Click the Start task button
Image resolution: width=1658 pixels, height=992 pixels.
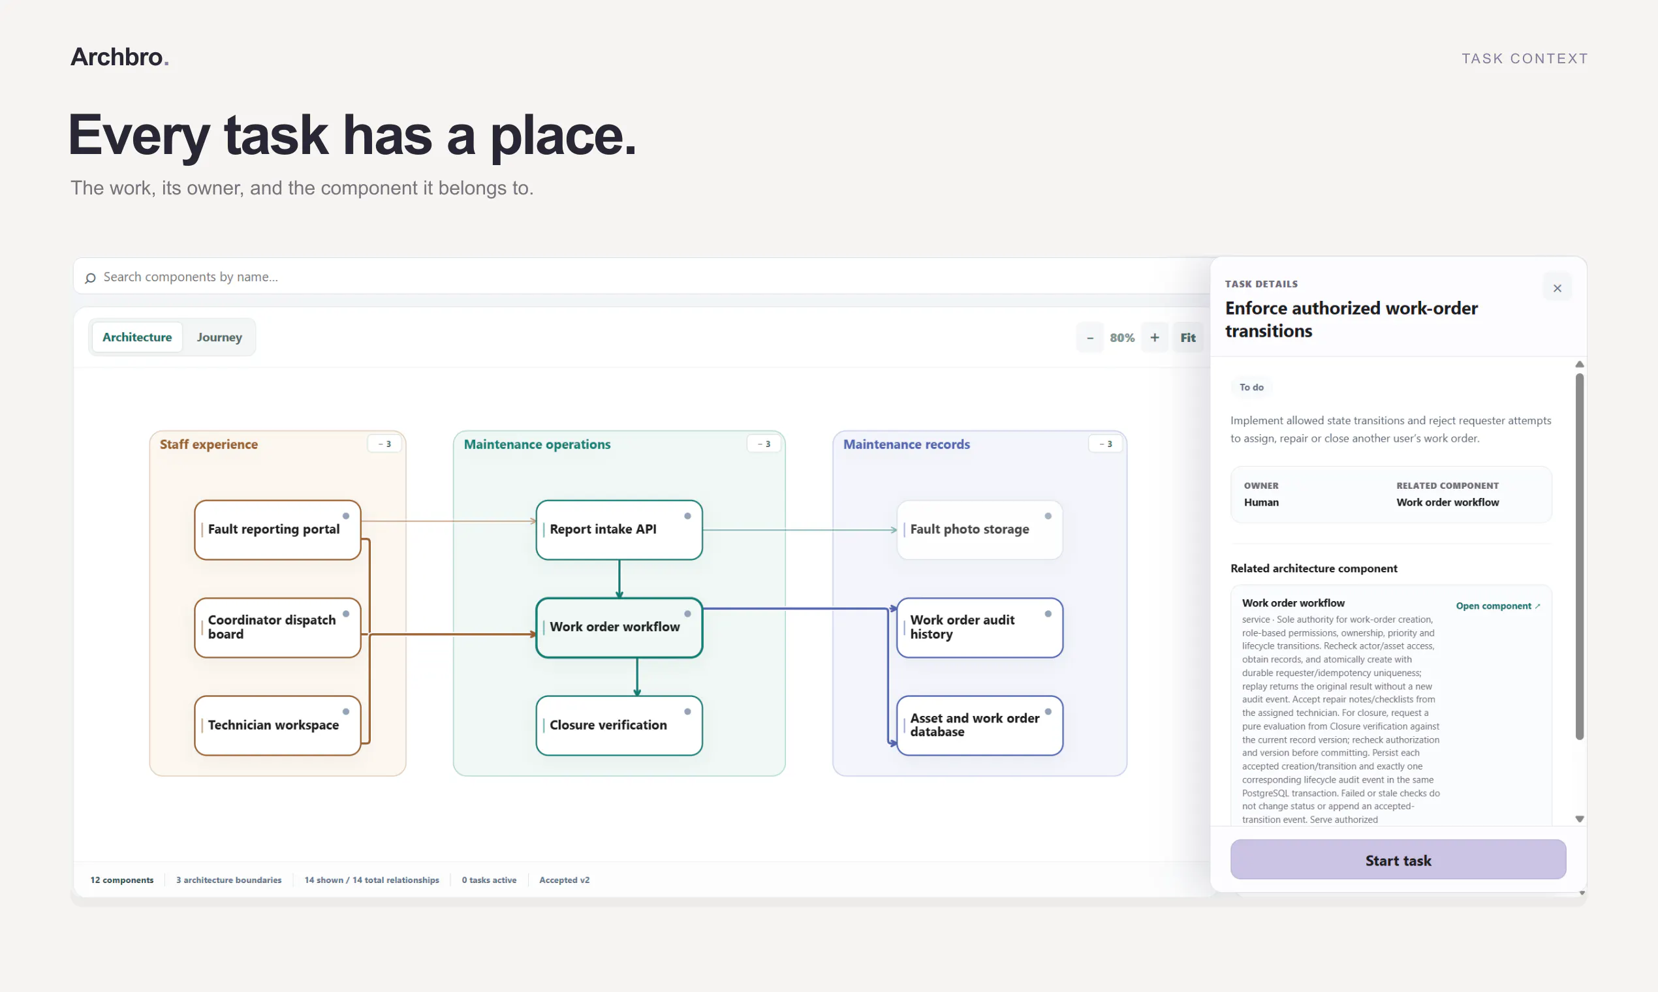click(x=1398, y=860)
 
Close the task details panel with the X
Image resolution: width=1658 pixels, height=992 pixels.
click(x=1557, y=288)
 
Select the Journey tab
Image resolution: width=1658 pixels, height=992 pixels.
click(x=219, y=337)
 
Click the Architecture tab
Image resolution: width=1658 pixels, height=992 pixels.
click(x=137, y=337)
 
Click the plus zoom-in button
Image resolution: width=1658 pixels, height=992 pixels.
click(x=1155, y=337)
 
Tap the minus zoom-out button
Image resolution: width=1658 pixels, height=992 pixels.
click(x=1089, y=337)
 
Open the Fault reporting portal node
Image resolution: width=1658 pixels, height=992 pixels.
click(x=277, y=529)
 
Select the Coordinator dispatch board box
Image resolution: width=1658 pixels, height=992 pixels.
click(x=277, y=628)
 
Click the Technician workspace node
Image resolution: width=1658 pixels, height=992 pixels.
click(x=277, y=725)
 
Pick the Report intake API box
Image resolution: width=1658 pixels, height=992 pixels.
click(x=619, y=529)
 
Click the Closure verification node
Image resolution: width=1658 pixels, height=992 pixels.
click(x=619, y=725)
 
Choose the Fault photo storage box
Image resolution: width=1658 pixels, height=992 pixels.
click(x=979, y=529)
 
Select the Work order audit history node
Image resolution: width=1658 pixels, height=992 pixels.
click(x=979, y=628)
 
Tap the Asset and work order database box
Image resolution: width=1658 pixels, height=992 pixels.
click(x=979, y=725)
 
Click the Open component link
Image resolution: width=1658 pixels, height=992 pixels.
click(x=1497, y=606)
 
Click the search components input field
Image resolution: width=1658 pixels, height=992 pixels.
click(x=642, y=276)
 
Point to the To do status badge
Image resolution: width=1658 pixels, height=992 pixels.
click(x=1251, y=387)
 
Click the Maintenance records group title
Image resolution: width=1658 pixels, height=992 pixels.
click(x=906, y=444)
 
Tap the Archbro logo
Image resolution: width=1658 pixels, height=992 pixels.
click(x=119, y=57)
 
